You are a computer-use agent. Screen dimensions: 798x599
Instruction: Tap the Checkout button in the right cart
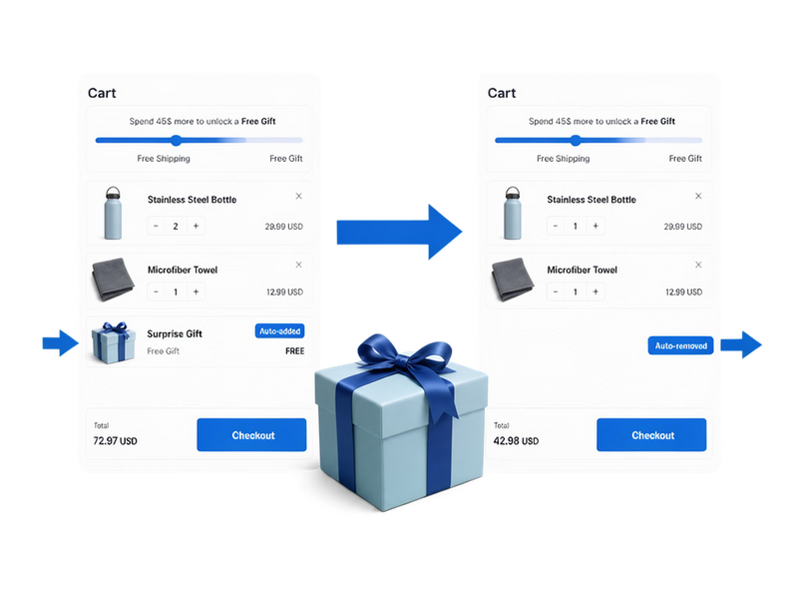click(x=651, y=435)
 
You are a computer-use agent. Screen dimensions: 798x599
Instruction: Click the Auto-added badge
click(x=280, y=331)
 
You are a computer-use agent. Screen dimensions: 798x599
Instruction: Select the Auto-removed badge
click(x=680, y=345)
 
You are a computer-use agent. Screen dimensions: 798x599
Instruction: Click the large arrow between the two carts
click(x=400, y=232)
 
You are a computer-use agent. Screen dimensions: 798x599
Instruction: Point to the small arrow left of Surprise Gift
click(x=61, y=342)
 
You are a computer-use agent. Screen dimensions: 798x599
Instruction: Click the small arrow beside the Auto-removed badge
click(x=741, y=344)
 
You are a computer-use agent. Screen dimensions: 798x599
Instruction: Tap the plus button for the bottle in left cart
click(x=196, y=227)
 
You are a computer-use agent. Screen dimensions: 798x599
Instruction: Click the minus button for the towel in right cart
click(x=556, y=292)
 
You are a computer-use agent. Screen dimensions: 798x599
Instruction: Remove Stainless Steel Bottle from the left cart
click(x=298, y=196)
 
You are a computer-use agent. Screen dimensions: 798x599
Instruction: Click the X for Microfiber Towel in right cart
click(x=698, y=265)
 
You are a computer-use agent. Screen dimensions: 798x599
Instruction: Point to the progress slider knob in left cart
click(x=177, y=140)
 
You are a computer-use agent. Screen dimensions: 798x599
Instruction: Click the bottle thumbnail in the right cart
click(x=513, y=213)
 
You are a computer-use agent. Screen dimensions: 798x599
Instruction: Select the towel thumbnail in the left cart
click(x=113, y=280)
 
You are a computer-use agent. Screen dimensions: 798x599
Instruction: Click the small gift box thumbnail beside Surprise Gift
click(x=114, y=342)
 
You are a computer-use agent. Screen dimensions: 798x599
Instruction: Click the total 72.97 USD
click(x=115, y=441)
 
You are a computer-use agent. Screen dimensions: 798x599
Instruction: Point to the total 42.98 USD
click(x=516, y=441)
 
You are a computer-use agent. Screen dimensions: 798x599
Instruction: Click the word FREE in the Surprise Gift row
click(x=294, y=351)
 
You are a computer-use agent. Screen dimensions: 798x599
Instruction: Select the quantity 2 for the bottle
click(x=176, y=227)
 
